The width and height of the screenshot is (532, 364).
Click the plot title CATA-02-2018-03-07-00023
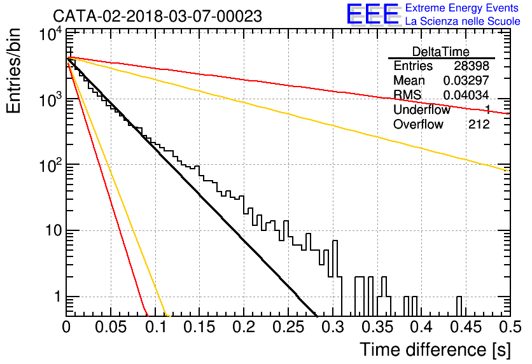157,17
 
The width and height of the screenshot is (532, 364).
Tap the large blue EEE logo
373,15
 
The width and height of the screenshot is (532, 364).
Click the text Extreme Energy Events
462,8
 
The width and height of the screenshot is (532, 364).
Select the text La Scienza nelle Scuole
463,22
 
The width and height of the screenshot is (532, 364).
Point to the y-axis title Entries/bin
13,71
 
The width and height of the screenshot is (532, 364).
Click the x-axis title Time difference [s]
435,350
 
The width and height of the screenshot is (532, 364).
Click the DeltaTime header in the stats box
441,52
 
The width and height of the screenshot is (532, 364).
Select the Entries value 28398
472,66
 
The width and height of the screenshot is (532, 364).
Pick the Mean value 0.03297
466,80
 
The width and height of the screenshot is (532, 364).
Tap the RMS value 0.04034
466,95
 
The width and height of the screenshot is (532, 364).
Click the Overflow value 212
479,125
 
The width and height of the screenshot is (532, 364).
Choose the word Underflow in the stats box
422,109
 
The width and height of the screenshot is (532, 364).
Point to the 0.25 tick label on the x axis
288,327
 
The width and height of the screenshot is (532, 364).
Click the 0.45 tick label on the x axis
466,327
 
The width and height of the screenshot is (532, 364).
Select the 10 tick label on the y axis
54,230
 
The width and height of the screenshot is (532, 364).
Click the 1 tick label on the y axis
57,297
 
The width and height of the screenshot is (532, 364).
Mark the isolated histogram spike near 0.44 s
459,306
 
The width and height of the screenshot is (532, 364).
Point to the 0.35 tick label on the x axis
377,327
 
